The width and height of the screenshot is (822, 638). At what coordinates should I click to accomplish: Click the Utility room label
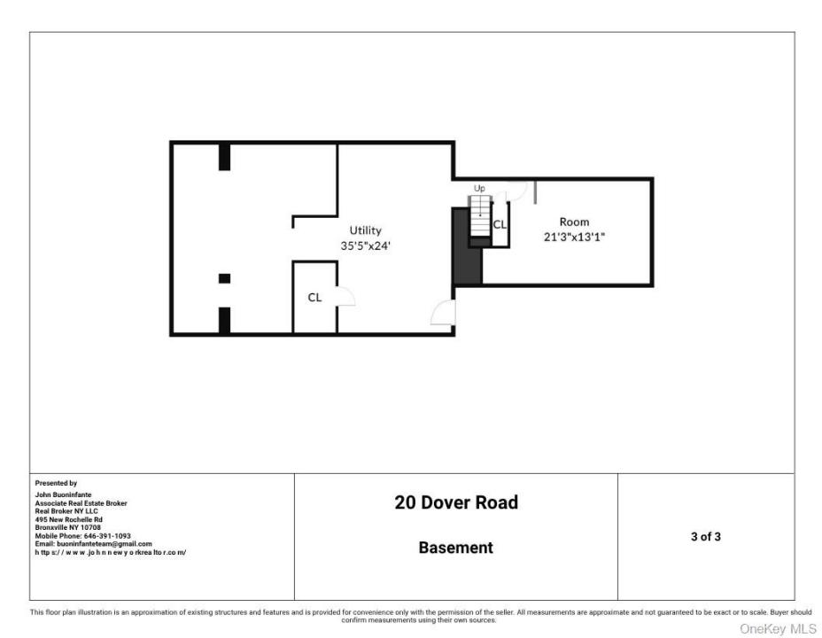pyautogui.click(x=366, y=230)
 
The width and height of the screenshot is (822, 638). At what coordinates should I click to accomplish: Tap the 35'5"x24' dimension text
pyautogui.click(x=366, y=245)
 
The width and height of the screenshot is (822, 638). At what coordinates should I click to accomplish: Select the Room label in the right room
pyautogui.click(x=574, y=222)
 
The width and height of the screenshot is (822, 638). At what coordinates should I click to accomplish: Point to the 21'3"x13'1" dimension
pyautogui.click(x=574, y=237)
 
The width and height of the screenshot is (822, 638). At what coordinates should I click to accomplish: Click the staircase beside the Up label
pyautogui.click(x=480, y=216)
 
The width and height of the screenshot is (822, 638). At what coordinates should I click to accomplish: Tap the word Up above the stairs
pyautogui.click(x=479, y=188)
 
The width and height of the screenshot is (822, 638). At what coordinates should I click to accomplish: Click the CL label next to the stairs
pyautogui.click(x=500, y=224)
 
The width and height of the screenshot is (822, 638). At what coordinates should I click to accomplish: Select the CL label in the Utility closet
pyautogui.click(x=314, y=297)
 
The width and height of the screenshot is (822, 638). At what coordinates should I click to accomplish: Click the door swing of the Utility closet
pyautogui.click(x=346, y=296)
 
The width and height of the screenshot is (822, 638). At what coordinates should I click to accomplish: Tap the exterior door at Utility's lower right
pyautogui.click(x=443, y=313)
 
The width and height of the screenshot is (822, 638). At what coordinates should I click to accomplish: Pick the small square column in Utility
pyautogui.click(x=224, y=278)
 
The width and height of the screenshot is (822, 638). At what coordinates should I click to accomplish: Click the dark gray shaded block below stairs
pyautogui.click(x=467, y=246)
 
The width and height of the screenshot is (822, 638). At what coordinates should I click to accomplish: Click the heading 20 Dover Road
pyautogui.click(x=456, y=502)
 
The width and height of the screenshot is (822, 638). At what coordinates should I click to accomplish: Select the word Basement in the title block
pyautogui.click(x=455, y=548)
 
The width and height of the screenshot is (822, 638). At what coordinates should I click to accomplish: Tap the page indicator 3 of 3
pyautogui.click(x=706, y=536)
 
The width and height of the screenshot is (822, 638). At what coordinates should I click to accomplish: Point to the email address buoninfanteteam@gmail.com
pyautogui.click(x=105, y=544)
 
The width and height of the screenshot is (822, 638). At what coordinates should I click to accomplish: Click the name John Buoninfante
pyautogui.click(x=64, y=494)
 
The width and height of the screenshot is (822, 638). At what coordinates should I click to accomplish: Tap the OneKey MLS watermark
pyautogui.click(x=778, y=628)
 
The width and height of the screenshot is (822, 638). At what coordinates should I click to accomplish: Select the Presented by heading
pyautogui.click(x=56, y=483)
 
